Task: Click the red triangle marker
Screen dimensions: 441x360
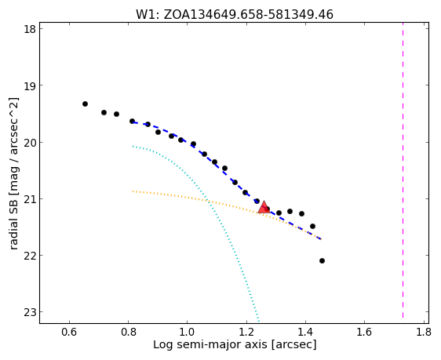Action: (x=264, y=208)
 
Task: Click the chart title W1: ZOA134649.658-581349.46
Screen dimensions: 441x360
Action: (x=235, y=14)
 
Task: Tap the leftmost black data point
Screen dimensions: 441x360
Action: (x=85, y=104)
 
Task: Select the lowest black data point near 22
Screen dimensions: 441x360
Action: (x=322, y=261)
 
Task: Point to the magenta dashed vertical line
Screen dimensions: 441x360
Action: (x=403, y=170)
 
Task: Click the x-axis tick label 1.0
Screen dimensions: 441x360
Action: (x=188, y=333)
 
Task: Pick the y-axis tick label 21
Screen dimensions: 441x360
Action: (x=30, y=198)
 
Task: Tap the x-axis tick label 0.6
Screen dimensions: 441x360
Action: (x=69, y=333)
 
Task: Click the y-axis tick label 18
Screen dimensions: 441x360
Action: (x=30, y=29)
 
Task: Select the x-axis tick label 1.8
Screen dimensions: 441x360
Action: (x=423, y=333)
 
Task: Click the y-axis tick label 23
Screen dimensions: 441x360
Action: (x=30, y=312)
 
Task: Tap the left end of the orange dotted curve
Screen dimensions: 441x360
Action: (x=133, y=191)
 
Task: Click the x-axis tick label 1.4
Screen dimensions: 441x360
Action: (x=305, y=333)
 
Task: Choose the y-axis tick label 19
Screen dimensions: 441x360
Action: (x=30, y=85)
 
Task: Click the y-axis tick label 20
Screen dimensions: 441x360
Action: (x=30, y=142)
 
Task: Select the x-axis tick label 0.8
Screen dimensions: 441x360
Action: (x=128, y=333)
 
